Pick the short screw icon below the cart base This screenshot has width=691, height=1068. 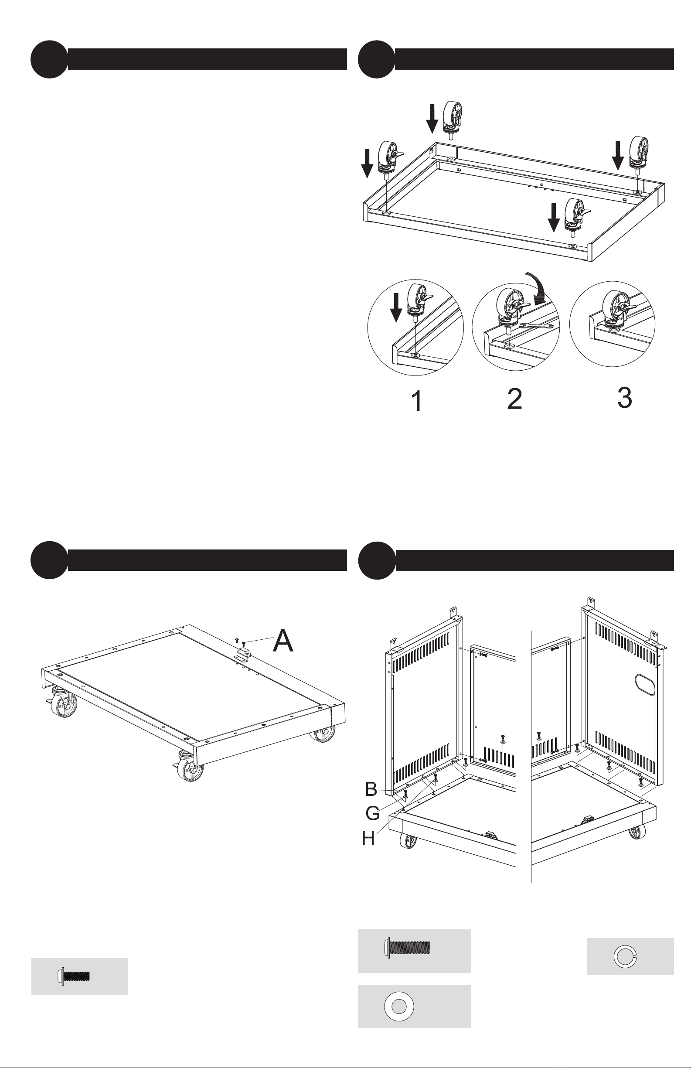coord(74,976)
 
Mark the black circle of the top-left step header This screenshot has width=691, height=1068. coord(49,60)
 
